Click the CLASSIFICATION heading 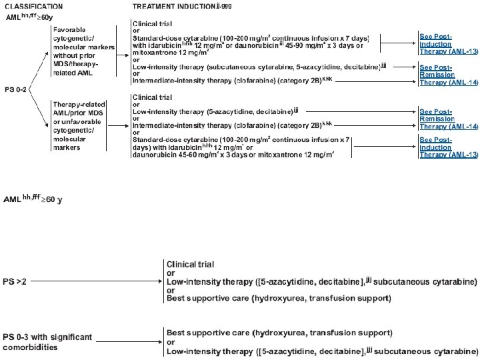[31, 6]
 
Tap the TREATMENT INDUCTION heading [171, 6]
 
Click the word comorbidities [30, 347]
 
